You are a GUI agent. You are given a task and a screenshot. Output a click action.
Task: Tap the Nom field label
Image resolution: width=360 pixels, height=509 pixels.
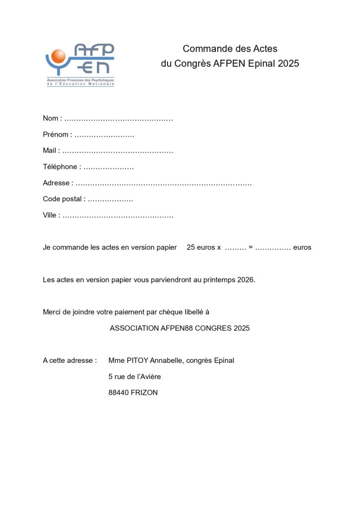coord(51,118)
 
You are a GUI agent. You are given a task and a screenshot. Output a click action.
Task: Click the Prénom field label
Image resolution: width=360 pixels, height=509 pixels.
coord(56,135)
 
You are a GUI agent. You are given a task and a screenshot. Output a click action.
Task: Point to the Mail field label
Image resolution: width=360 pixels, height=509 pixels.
coord(50,151)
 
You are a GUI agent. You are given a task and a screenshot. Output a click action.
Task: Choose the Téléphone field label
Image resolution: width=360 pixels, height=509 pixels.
coord(60,167)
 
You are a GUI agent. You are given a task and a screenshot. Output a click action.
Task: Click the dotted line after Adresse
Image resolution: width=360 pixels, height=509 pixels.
coord(164,183)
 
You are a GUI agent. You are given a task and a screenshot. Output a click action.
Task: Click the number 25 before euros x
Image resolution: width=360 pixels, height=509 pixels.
coord(191,248)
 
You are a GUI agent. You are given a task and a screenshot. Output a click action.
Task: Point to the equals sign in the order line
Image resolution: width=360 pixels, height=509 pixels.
coord(251,248)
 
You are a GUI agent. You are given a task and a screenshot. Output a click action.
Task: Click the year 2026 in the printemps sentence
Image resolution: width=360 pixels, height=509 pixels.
coord(245,280)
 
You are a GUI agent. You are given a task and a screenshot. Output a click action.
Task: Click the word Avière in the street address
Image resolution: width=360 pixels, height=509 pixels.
coord(149,377)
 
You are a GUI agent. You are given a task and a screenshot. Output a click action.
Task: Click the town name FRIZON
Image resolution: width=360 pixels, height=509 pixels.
coord(144,393)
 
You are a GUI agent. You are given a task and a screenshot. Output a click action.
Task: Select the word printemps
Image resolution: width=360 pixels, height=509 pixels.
coord(219,280)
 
